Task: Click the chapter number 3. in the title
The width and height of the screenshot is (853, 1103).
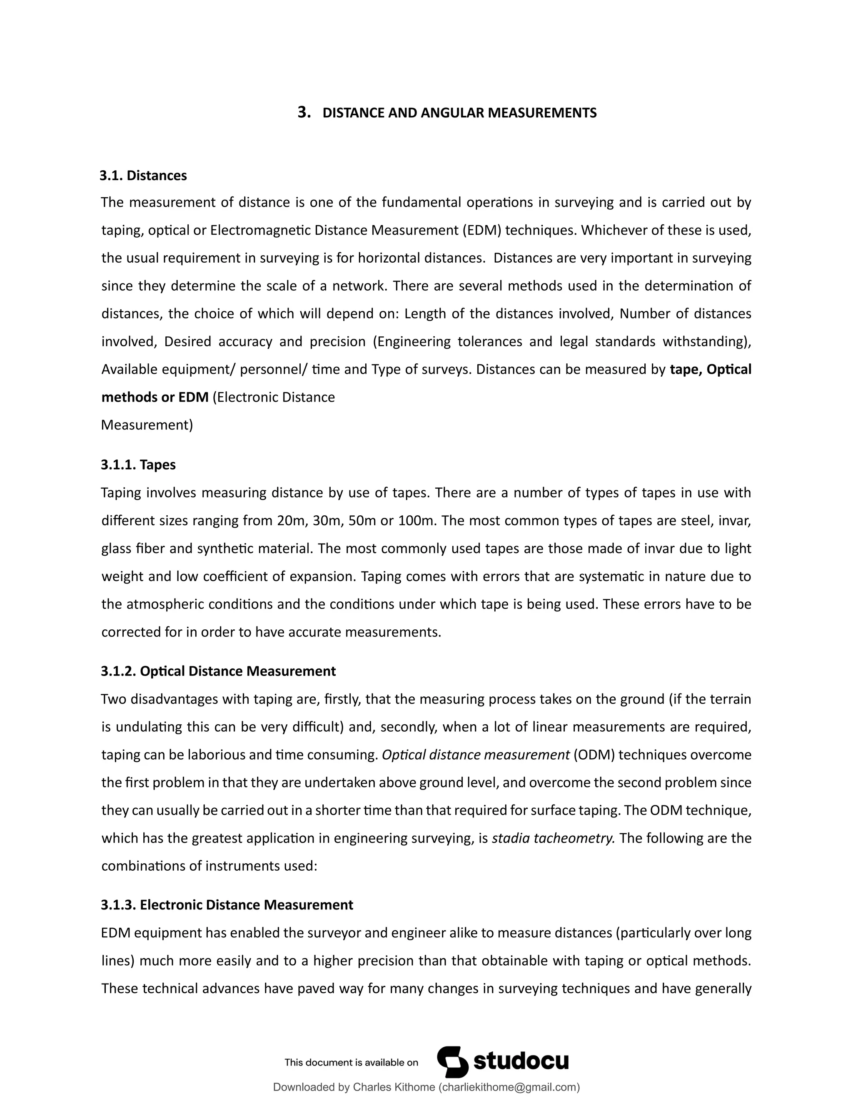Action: (x=304, y=112)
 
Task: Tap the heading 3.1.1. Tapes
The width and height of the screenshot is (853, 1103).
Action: (x=138, y=465)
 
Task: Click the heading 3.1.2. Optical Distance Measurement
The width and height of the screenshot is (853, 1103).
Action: (x=218, y=671)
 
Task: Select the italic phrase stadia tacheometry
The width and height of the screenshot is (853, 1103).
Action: (x=553, y=838)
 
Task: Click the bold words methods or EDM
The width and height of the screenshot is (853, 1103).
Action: (x=155, y=397)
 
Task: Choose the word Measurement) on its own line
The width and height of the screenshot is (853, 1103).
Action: (x=147, y=425)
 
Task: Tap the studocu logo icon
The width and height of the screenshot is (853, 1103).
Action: (x=452, y=1062)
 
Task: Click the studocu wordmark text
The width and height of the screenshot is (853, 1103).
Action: (x=521, y=1062)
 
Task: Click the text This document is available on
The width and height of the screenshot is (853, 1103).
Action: (x=351, y=1063)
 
